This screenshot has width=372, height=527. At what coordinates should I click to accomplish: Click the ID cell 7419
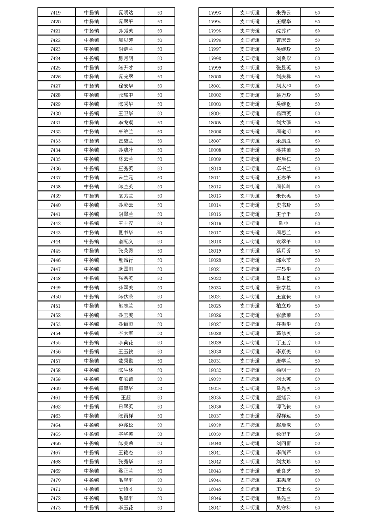[55, 13]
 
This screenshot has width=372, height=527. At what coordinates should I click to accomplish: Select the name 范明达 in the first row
[126, 13]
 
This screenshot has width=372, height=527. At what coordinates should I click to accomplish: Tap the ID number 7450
[55, 297]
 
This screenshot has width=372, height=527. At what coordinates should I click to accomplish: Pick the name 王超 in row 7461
[126, 397]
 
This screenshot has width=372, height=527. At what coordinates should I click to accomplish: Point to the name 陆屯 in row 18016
[284, 224]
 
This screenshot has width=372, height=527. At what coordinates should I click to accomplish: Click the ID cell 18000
[214, 77]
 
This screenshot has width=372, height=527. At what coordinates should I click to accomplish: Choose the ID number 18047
[214, 508]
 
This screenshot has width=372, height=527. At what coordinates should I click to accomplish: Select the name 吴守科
[284, 508]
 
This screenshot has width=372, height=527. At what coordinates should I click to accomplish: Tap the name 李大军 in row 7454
[126, 333]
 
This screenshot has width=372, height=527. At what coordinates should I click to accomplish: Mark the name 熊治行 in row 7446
[126, 260]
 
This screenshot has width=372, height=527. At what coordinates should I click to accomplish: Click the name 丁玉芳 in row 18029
[284, 342]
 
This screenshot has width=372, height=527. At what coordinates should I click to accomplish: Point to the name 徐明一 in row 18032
[284, 370]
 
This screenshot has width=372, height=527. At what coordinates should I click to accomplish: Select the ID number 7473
[55, 508]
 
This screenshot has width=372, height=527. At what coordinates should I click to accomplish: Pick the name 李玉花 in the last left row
[126, 508]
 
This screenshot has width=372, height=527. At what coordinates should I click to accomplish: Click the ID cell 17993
[214, 13]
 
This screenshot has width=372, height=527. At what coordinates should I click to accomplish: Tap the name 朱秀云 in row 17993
[284, 13]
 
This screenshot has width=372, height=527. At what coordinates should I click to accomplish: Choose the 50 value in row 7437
[159, 178]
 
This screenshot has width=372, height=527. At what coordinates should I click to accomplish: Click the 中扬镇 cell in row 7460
[91, 388]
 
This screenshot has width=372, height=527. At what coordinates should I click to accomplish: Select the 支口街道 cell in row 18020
[250, 260]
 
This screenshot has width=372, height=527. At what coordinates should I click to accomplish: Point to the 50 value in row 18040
[318, 443]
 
